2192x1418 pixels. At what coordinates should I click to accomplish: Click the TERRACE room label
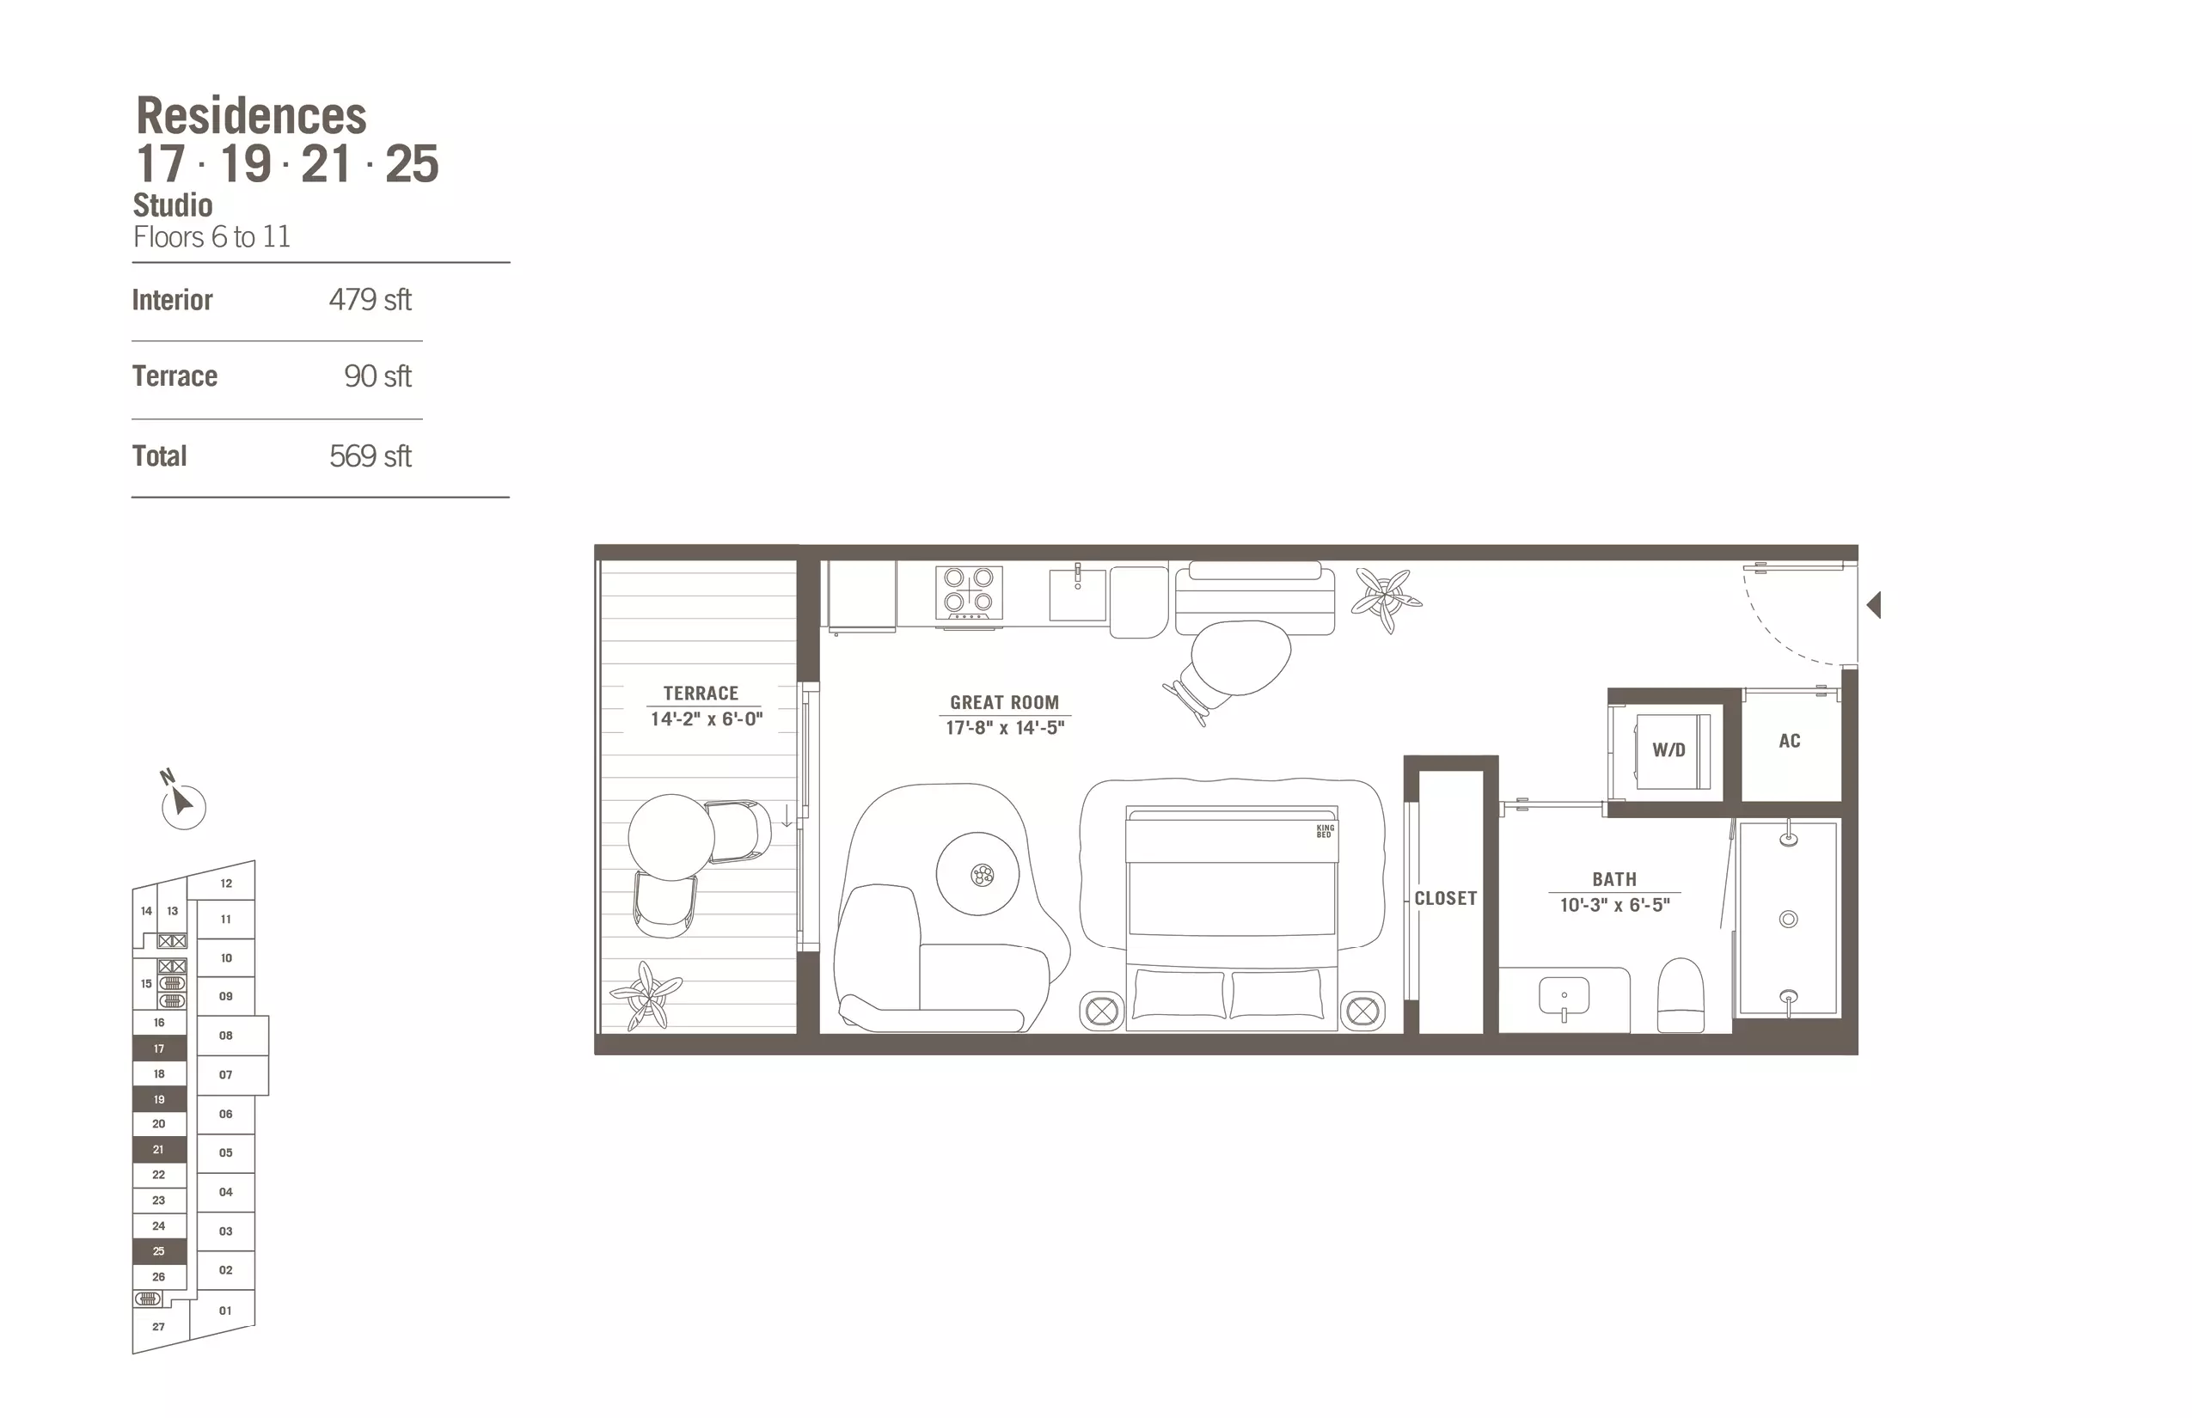click(x=701, y=694)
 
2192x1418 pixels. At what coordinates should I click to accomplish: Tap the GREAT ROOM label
click(x=1005, y=703)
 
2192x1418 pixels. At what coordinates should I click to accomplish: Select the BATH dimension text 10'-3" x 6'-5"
click(x=1614, y=905)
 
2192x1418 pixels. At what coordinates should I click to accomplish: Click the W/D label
click(x=1668, y=749)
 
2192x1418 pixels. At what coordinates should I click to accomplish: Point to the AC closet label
click(x=1790, y=741)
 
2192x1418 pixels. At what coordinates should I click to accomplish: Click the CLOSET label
click(x=1446, y=899)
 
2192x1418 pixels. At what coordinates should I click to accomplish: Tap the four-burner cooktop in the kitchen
click(x=969, y=591)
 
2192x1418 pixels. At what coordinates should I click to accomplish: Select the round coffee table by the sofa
click(x=978, y=874)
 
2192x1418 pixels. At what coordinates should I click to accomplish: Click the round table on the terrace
click(x=671, y=837)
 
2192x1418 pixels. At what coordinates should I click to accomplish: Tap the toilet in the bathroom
click(x=1681, y=995)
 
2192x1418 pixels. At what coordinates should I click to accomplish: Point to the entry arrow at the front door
click(x=1873, y=605)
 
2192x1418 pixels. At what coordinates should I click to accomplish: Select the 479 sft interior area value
click(x=370, y=300)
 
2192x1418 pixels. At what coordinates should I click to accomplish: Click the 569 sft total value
click(x=370, y=456)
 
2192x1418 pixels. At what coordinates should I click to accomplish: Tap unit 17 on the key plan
click(x=159, y=1048)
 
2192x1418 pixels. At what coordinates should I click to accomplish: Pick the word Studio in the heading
click(x=173, y=205)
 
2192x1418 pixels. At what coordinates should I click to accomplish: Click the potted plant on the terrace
click(x=646, y=995)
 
